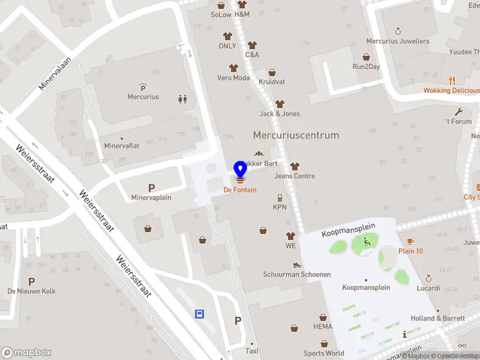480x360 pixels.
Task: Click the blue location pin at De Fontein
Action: point(241,169)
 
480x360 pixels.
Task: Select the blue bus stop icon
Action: point(200,314)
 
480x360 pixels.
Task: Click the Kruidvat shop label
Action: point(272,82)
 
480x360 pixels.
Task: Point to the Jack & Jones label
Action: point(280,113)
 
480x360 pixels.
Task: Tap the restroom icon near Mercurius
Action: point(182,99)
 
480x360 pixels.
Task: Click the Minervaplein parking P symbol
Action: point(151,188)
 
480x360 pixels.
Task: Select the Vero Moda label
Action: point(233,78)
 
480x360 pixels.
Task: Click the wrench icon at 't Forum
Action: point(459,112)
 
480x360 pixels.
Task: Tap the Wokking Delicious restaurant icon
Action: point(452,80)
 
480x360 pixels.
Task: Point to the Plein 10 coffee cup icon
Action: point(411,241)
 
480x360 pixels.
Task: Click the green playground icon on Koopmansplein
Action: point(367,242)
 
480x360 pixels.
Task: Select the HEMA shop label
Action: point(323,326)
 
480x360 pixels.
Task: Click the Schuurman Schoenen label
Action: point(297,274)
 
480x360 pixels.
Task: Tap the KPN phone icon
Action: point(280,197)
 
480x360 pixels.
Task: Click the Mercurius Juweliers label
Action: point(398,41)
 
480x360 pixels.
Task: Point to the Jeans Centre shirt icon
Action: point(295,166)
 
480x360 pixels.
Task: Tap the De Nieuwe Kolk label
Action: point(31,291)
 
